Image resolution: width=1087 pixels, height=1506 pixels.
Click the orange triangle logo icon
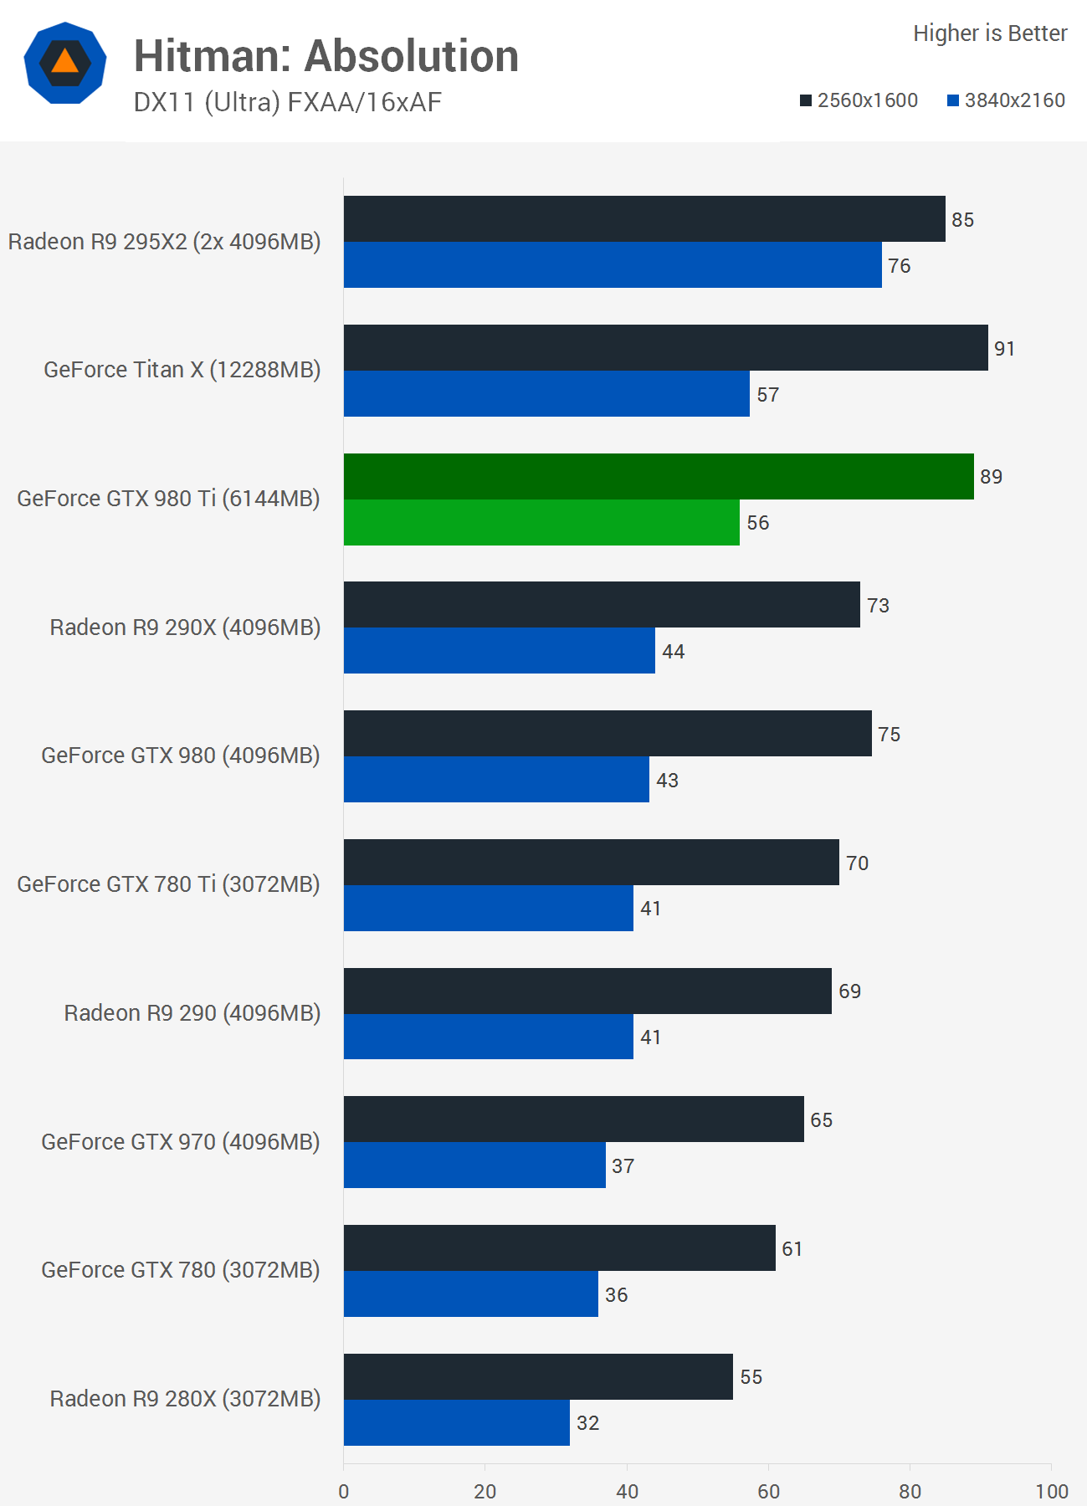coord(65,63)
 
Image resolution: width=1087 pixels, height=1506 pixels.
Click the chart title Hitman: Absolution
coord(326,56)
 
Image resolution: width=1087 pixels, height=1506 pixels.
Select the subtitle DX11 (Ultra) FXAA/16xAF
coord(287,102)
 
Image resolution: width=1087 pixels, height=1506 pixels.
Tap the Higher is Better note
coord(989,33)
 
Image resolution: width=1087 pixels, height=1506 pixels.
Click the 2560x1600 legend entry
coord(859,100)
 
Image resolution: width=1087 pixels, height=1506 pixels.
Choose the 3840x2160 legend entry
coord(1006,100)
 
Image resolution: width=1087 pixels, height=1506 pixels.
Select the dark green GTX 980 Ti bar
coord(659,476)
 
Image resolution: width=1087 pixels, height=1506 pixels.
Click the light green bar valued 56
coord(541,522)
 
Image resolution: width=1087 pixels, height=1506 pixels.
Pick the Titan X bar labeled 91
coord(665,348)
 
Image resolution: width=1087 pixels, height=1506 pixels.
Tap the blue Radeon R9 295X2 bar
coord(613,265)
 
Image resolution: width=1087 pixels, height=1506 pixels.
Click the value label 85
coord(962,220)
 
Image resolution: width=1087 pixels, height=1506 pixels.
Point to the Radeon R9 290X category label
coord(185,627)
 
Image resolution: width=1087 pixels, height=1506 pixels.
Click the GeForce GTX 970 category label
coord(181,1142)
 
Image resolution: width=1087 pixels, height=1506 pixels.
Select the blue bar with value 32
coord(456,1422)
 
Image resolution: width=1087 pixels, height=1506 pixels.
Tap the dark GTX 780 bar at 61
coord(559,1248)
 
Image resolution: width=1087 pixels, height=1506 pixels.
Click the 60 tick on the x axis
coord(768,1491)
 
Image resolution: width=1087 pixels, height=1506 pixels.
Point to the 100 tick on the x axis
coord(1051,1491)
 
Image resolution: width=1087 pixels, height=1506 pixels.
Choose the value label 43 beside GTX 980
coord(667,781)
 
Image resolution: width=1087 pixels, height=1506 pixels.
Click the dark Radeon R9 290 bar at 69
coord(587,991)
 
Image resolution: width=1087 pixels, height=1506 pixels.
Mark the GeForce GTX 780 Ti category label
coord(168,884)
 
